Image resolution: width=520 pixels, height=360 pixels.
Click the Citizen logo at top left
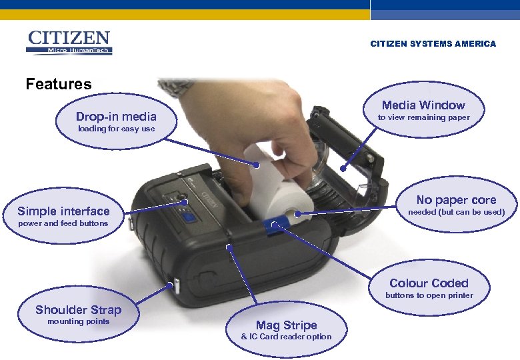[x=69, y=42]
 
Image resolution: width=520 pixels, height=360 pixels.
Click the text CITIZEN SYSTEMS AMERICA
[x=433, y=44]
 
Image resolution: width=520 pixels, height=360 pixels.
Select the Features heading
[x=59, y=84]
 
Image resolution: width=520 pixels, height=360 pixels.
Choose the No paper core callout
[x=456, y=205]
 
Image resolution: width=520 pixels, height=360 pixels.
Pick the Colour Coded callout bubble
[x=429, y=288]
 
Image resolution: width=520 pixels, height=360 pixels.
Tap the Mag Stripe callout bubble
[x=286, y=330]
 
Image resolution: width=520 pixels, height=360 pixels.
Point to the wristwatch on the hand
[x=177, y=87]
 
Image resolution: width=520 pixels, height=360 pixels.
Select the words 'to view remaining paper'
[x=423, y=117]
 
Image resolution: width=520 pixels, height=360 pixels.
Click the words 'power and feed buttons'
[x=63, y=223]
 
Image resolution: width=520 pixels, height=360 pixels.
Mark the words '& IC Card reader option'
[x=286, y=337]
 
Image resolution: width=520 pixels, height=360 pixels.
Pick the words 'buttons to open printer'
[x=429, y=295]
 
